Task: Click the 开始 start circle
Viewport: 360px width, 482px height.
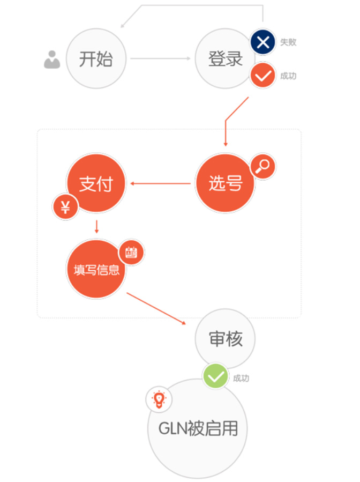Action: (x=96, y=58)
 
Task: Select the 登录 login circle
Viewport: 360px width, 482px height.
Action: (x=225, y=58)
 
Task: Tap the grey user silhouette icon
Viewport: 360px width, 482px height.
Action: (x=52, y=60)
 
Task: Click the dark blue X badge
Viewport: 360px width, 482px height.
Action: (x=262, y=42)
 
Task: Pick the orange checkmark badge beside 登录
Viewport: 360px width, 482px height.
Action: (x=262, y=76)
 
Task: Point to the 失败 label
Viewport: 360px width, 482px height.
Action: (x=288, y=42)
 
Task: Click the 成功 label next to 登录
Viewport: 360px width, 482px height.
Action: (x=288, y=76)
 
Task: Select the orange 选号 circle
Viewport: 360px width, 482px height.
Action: (x=225, y=183)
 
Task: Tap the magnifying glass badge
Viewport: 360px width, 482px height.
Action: (x=262, y=166)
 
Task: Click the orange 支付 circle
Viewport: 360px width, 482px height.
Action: (x=96, y=183)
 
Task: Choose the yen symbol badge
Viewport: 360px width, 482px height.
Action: (x=65, y=207)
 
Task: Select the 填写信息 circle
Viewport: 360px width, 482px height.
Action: (x=96, y=269)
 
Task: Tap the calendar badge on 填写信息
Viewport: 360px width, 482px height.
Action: (x=131, y=253)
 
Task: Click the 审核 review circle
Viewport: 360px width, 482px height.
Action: (x=225, y=338)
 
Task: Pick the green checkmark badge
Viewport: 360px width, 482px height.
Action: (x=215, y=376)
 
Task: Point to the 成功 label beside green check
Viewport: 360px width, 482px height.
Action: (x=241, y=378)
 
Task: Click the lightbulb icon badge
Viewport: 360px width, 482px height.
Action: (x=159, y=399)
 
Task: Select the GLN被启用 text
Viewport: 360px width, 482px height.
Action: (x=198, y=428)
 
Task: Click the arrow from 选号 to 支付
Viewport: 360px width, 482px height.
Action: (x=160, y=183)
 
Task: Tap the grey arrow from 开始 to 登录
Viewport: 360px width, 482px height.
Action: (x=160, y=58)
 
